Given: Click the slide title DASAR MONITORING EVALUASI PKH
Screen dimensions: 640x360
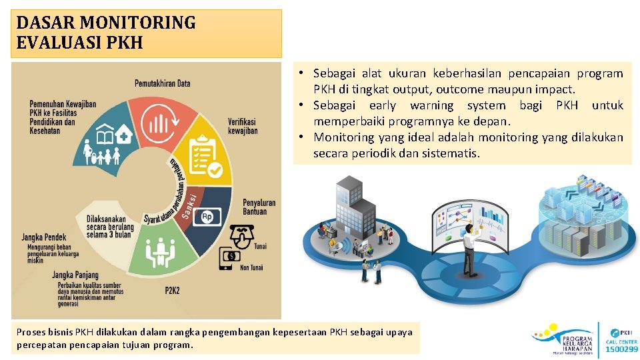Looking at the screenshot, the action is coord(107,33).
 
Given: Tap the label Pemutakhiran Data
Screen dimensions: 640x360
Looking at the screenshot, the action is coord(163,83).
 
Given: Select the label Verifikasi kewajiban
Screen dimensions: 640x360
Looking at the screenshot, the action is coord(243,127).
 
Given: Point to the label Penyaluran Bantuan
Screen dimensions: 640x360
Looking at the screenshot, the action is coord(259,207).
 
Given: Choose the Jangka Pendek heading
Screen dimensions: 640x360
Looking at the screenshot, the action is coord(44,237).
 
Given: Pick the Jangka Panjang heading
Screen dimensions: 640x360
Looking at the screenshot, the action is coord(75,275).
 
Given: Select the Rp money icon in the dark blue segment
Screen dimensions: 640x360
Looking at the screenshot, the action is coord(207,217).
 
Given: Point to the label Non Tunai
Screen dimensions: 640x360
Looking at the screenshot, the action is coord(252,267).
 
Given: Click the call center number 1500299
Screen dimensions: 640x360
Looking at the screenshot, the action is coord(621,349).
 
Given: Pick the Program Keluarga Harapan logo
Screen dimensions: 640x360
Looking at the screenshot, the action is coord(563,339).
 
